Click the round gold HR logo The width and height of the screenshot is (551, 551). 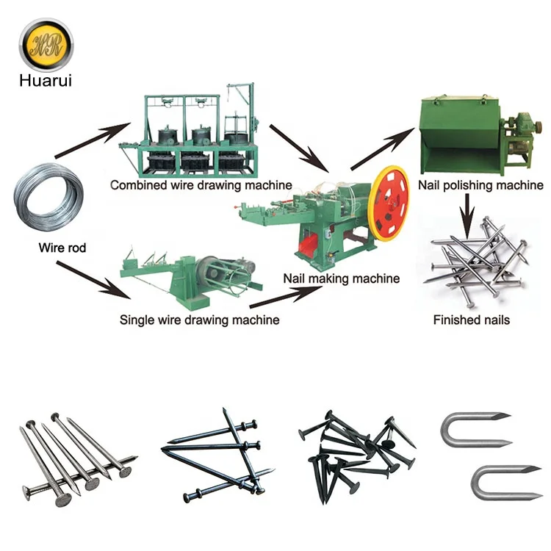(46, 46)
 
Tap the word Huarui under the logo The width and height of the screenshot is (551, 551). (46, 80)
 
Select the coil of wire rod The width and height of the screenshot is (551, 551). (48, 197)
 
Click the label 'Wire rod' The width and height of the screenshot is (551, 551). (62, 248)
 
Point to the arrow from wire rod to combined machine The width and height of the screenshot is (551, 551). (93, 140)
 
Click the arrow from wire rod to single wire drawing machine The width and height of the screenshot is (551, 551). (93, 280)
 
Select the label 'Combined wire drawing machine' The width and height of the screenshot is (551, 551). (201, 185)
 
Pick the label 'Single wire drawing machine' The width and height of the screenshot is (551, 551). (199, 320)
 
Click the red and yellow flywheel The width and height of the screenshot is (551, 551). (390, 204)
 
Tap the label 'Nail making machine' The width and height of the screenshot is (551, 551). (341, 278)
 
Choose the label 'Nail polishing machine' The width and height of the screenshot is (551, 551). (480, 185)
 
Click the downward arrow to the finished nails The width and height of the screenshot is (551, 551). (467, 216)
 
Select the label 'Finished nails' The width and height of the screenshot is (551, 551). (471, 320)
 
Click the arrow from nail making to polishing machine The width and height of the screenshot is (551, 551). (383, 149)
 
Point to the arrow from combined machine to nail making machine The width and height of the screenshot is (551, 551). (299, 148)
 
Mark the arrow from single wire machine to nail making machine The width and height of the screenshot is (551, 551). (286, 298)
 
